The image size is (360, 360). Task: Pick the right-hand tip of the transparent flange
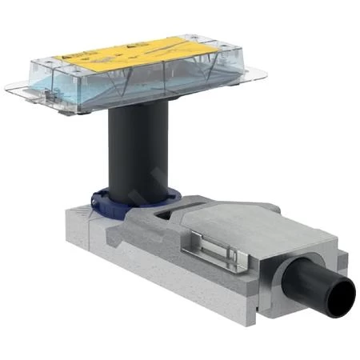(264, 76)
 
